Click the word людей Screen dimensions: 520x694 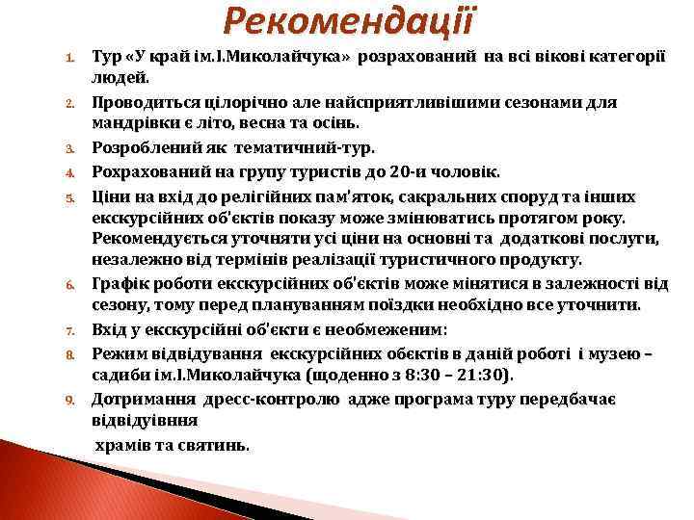coord(120,77)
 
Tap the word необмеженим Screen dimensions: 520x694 coord(377,329)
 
